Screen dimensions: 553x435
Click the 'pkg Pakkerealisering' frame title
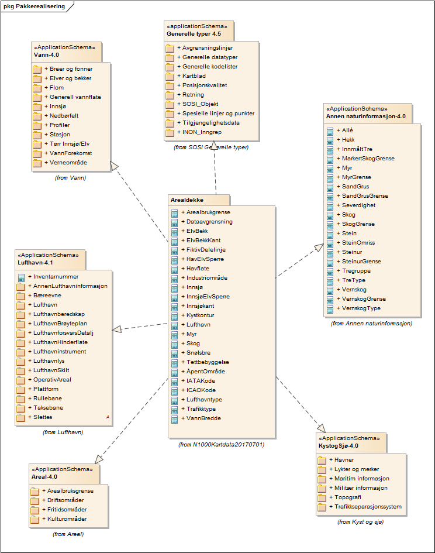point(30,6)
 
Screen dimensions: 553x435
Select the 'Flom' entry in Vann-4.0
point(56,87)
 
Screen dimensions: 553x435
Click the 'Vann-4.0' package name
point(46,54)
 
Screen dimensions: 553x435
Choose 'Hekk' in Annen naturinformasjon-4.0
point(348,140)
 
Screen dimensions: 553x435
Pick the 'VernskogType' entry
point(361,308)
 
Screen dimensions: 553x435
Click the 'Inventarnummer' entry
point(56,277)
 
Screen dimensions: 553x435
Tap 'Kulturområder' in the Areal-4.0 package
point(67,519)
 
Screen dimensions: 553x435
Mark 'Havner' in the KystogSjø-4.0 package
point(342,460)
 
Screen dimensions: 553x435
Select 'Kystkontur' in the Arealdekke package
point(201,315)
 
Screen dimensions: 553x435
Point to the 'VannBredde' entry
point(203,418)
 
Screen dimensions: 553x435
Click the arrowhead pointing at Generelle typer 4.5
point(215,146)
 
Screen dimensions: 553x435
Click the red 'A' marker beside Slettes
point(108,417)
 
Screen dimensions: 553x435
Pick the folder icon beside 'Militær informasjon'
point(322,488)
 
